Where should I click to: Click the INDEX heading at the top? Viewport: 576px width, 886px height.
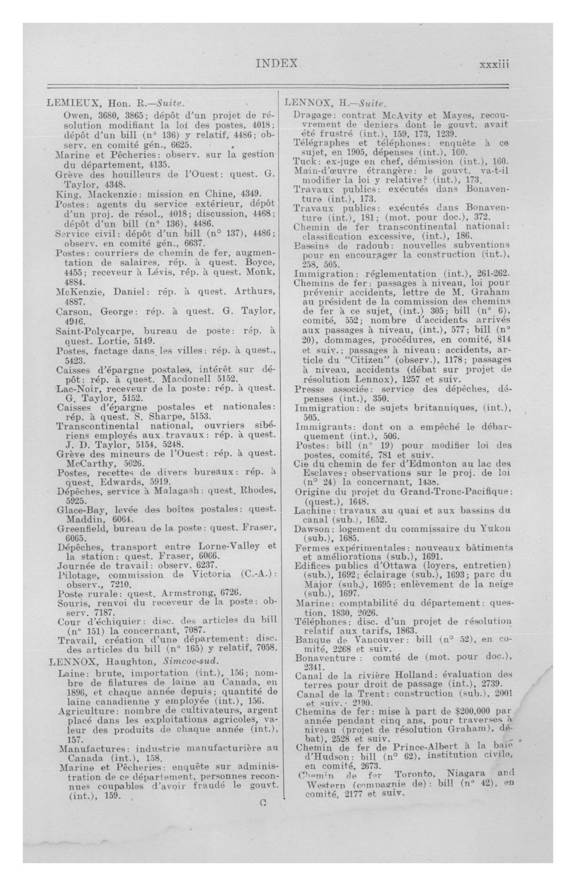pyautogui.click(x=276, y=64)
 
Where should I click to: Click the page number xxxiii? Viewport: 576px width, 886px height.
pyautogui.click(x=494, y=64)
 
